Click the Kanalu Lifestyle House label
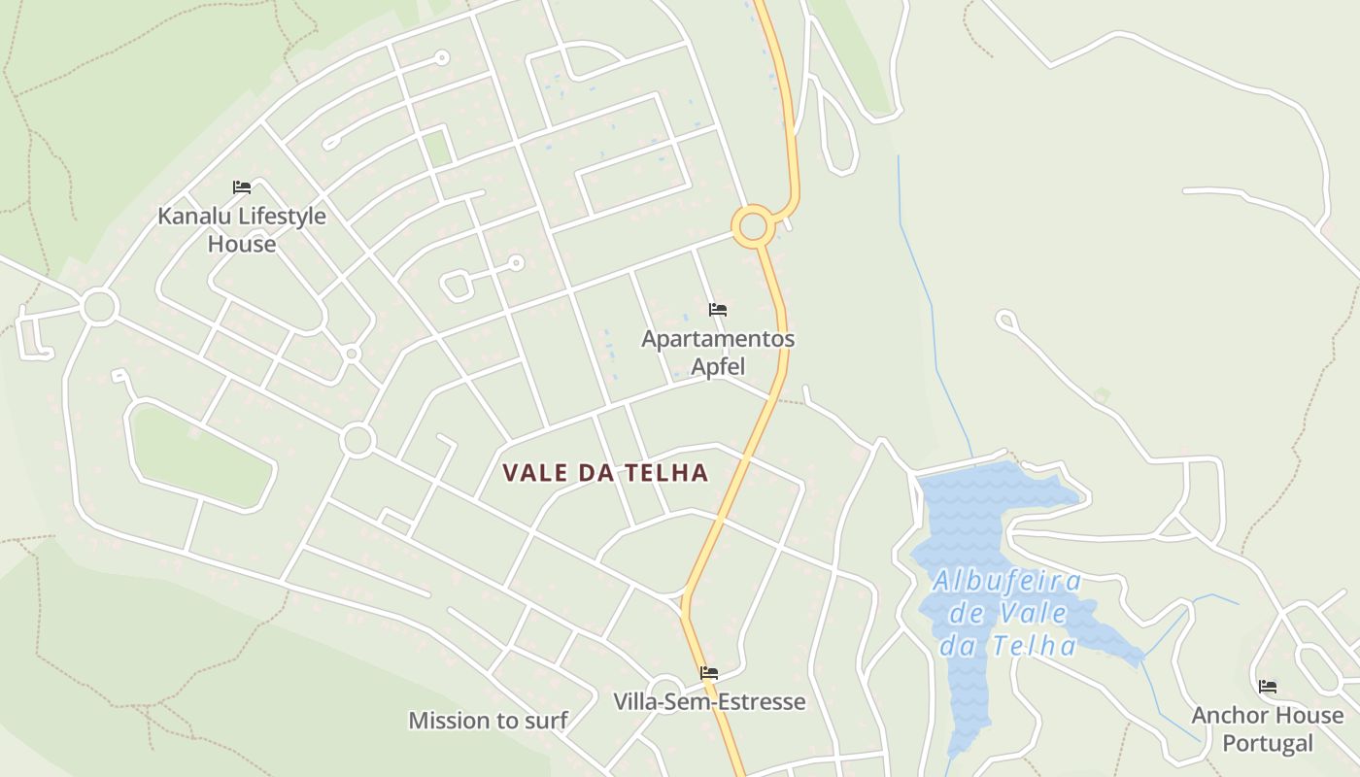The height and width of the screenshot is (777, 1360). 242,229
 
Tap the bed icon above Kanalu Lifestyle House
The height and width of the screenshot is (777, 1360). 242,187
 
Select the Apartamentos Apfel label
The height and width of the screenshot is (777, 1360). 718,352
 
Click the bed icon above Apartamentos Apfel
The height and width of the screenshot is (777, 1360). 718,310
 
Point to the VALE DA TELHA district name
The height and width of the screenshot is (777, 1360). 605,473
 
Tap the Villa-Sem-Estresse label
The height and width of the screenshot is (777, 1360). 709,701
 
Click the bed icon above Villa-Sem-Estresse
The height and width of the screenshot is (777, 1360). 709,672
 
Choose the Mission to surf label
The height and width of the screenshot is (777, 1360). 488,721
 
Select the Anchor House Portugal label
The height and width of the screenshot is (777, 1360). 1268,729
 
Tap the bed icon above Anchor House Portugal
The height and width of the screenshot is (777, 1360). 1268,687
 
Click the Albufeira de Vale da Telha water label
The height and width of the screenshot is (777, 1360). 1007,614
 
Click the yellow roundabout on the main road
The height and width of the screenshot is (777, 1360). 753,227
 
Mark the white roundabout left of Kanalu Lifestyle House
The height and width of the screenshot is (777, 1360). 99,307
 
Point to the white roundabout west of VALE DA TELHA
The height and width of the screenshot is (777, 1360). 357,440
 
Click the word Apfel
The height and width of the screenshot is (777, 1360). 718,366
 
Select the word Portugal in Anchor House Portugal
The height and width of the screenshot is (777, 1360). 1268,744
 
